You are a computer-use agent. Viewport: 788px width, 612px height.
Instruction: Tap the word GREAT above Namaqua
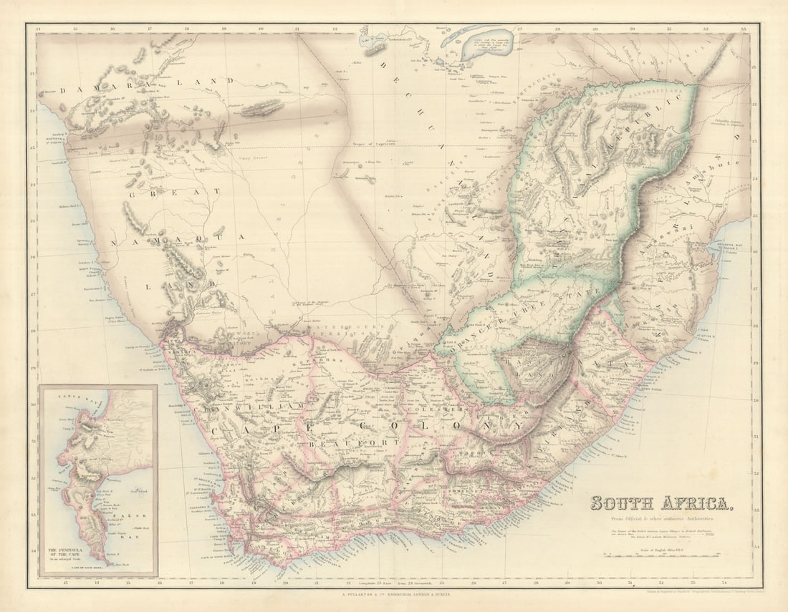pos(176,193)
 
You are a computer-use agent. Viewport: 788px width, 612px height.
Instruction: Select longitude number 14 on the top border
pos(38,29)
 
